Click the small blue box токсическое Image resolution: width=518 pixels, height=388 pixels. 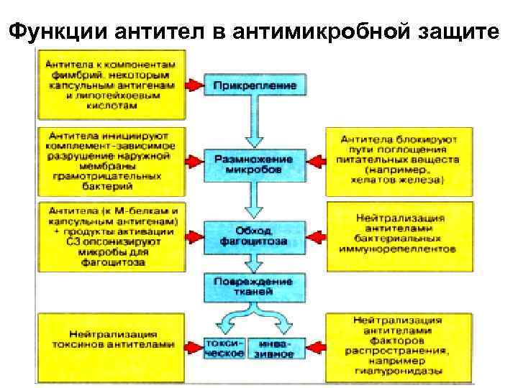pyautogui.click(x=224, y=348)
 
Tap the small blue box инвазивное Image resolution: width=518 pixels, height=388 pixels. pyautogui.click(x=276, y=348)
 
